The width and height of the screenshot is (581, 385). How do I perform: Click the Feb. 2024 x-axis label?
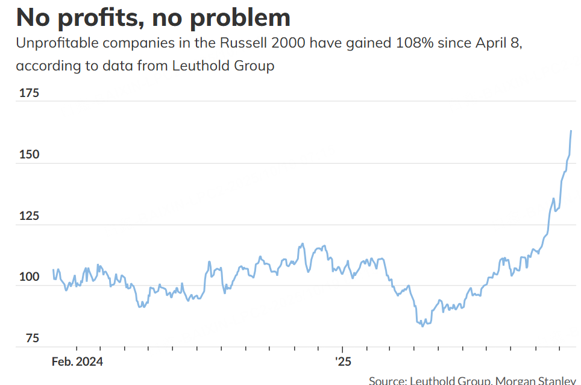[x=77, y=362]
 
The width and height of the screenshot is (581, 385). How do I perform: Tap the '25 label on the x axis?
[x=342, y=362]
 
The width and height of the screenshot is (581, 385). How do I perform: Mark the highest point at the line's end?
[x=571, y=131]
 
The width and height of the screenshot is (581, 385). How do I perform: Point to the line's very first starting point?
[x=54, y=269]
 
